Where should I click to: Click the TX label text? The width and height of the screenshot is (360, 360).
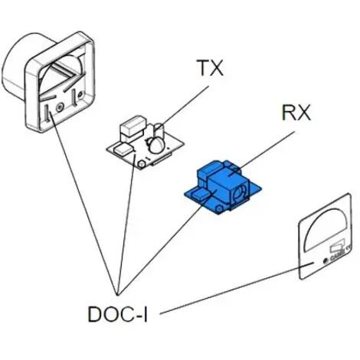coord(211,68)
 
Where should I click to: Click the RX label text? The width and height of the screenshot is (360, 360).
coord(296,113)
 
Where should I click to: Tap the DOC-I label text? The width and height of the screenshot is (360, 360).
coord(117,314)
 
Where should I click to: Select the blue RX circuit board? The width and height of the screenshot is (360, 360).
coord(223,188)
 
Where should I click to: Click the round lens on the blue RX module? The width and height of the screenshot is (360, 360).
coord(241,192)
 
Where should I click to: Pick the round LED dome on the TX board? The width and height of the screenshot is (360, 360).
coord(156,145)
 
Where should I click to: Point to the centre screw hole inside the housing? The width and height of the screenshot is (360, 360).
coord(61,107)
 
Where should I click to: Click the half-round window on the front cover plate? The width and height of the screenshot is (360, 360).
coord(327,229)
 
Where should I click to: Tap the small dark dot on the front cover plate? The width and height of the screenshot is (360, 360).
coord(326,261)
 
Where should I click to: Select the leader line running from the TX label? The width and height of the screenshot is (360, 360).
coord(182,108)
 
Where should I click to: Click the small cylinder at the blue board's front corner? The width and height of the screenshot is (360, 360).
coord(218,209)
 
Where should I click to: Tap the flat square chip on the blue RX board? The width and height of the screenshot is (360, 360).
coord(201,195)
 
